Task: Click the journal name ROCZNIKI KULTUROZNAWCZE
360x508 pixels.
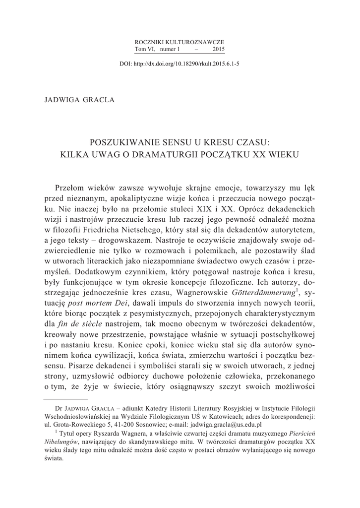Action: point(180,43)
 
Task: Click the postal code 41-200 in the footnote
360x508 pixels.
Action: point(121,425)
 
